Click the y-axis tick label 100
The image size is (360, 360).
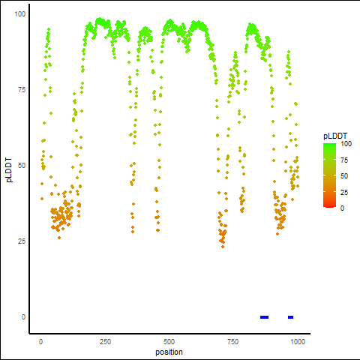[20, 14]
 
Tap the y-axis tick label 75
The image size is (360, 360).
[22, 90]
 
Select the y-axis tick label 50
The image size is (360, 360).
[22, 166]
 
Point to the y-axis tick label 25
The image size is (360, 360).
[22, 241]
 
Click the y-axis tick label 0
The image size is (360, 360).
[23, 317]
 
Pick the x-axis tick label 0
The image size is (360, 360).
[40, 341]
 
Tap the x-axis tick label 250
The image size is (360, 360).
[105, 341]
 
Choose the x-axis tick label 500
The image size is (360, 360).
[169, 341]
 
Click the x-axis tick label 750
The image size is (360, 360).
[233, 341]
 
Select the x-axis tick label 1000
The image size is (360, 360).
[298, 341]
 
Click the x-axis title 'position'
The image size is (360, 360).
[169, 352]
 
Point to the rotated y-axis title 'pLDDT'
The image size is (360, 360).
[9, 170]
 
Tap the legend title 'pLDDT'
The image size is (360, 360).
[335, 136]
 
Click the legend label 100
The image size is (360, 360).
[346, 144]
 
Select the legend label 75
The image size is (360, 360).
[344, 160]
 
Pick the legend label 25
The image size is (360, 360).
[344, 193]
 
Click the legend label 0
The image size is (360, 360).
[342, 208]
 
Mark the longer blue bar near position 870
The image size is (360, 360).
[264, 317]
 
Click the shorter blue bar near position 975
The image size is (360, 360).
[290, 317]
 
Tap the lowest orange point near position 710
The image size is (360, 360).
[223, 247]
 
